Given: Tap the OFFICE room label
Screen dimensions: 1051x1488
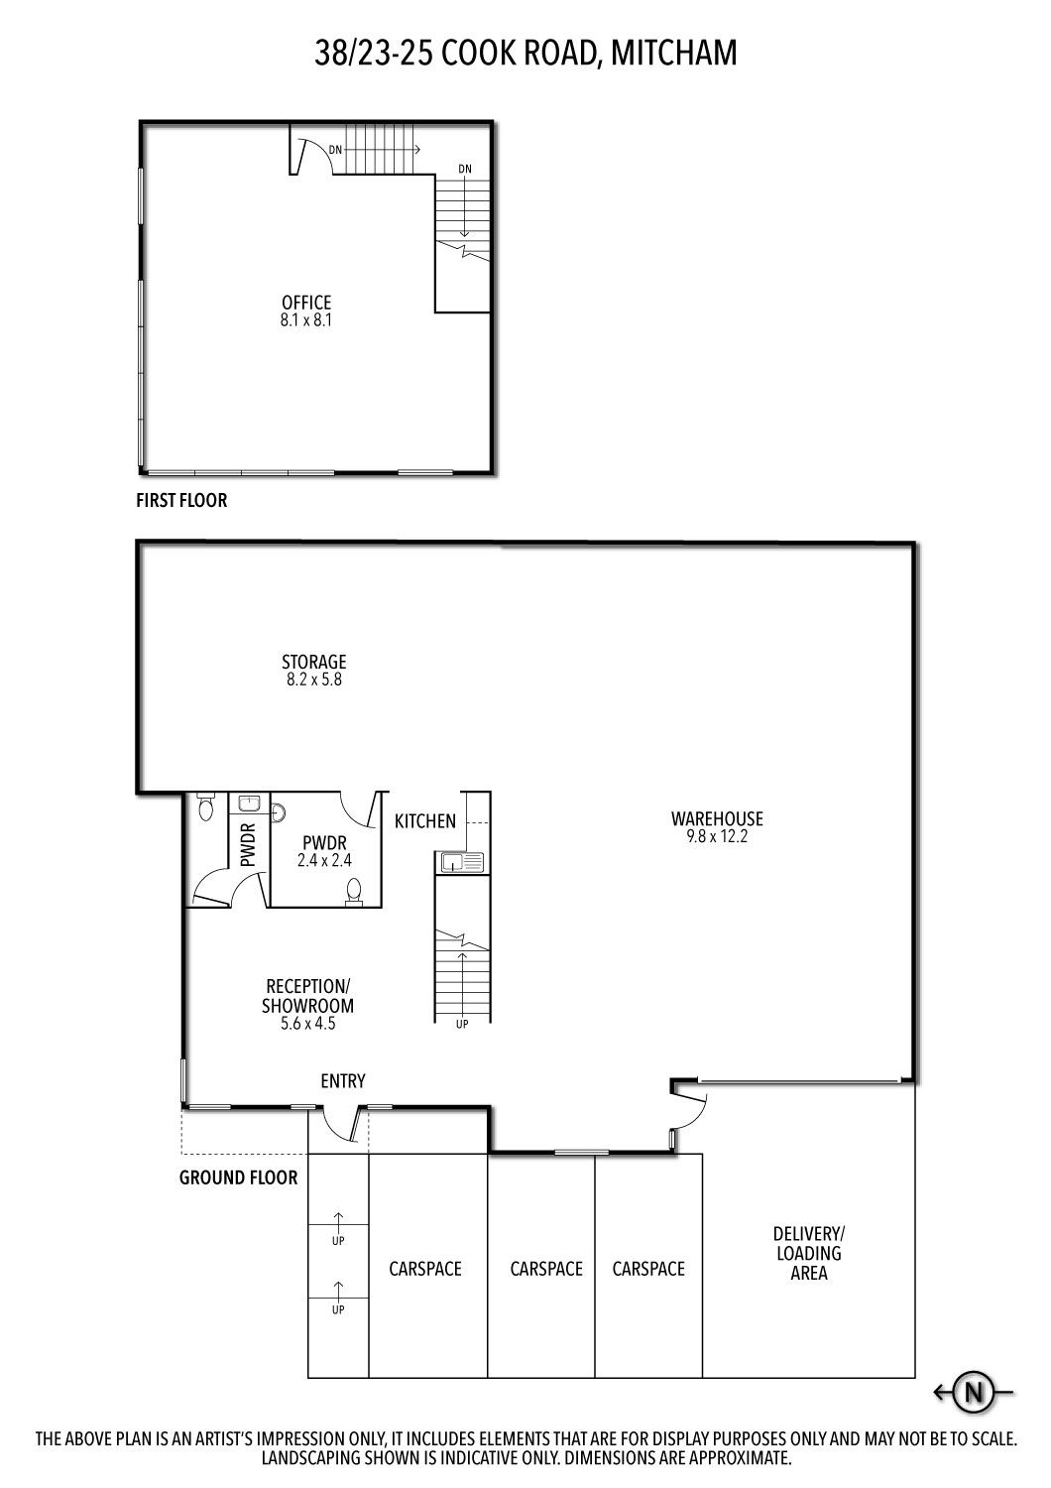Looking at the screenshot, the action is point(306,303).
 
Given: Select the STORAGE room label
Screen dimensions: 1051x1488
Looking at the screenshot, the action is point(314,662).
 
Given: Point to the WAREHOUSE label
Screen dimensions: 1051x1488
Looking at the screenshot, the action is point(717,818).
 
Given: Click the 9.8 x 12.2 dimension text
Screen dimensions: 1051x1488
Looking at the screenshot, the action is point(717,836).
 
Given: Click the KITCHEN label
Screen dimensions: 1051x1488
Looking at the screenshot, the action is point(425,821).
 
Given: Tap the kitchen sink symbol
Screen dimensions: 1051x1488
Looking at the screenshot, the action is point(459,862).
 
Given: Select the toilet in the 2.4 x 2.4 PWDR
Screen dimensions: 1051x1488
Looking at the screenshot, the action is point(355,892).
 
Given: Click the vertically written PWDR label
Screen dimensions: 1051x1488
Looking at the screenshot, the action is point(248,845).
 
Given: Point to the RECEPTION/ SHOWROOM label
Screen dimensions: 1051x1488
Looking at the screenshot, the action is point(307,996).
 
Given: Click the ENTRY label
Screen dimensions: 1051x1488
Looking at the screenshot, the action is point(343,1081).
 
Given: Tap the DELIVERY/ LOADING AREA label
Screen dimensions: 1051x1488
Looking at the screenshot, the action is point(809,1254).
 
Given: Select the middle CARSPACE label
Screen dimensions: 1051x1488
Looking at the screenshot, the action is point(546,1269).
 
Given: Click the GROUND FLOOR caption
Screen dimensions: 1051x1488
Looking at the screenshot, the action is point(238,1178).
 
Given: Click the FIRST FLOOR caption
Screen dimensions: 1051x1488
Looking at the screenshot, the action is point(181,500).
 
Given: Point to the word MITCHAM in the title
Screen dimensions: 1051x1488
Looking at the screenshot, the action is point(673,54).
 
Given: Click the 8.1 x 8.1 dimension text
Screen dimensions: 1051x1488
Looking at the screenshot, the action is point(306,320).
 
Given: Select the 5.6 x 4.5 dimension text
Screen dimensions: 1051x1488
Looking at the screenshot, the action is point(307,1024).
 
